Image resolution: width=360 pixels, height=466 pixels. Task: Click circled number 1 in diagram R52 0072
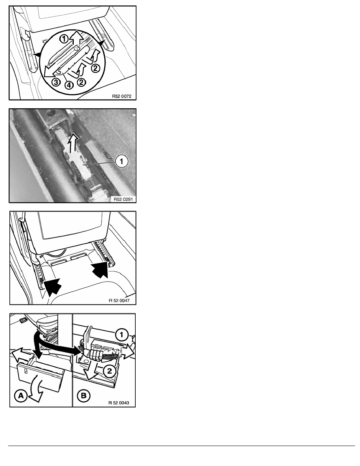(64, 38)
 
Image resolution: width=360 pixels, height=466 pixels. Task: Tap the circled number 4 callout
(69, 85)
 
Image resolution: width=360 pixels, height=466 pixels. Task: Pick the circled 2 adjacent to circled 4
(82, 82)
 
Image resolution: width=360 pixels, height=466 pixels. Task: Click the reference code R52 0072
(122, 96)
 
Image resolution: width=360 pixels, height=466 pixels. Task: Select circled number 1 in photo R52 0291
(122, 161)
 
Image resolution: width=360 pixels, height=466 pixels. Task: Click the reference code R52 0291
(123, 199)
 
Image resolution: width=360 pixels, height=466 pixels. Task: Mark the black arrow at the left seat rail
(53, 286)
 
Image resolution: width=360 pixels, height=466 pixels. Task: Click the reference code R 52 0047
(119, 300)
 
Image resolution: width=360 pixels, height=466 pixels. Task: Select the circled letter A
(20, 396)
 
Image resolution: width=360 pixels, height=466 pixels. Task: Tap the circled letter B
(83, 396)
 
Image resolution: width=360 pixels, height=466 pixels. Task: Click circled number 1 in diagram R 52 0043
(121, 335)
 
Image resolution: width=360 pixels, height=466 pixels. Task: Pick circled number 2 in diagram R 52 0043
(109, 371)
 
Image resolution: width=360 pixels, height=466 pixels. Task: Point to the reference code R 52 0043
(119, 403)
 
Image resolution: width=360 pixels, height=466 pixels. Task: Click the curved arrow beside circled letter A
(38, 390)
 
